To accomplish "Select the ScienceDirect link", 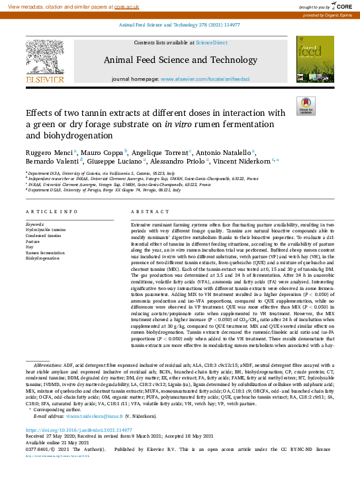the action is pyautogui.click(x=212, y=42).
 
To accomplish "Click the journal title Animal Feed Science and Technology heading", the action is pyautogui.click(x=180, y=60).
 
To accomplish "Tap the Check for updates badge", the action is pyautogui.click(x=306, y=106).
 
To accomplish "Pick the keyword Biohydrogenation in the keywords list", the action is pyautogui.click(x=42, y=258).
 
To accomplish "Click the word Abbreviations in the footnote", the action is pyautogui.click(x=48, y=365).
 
